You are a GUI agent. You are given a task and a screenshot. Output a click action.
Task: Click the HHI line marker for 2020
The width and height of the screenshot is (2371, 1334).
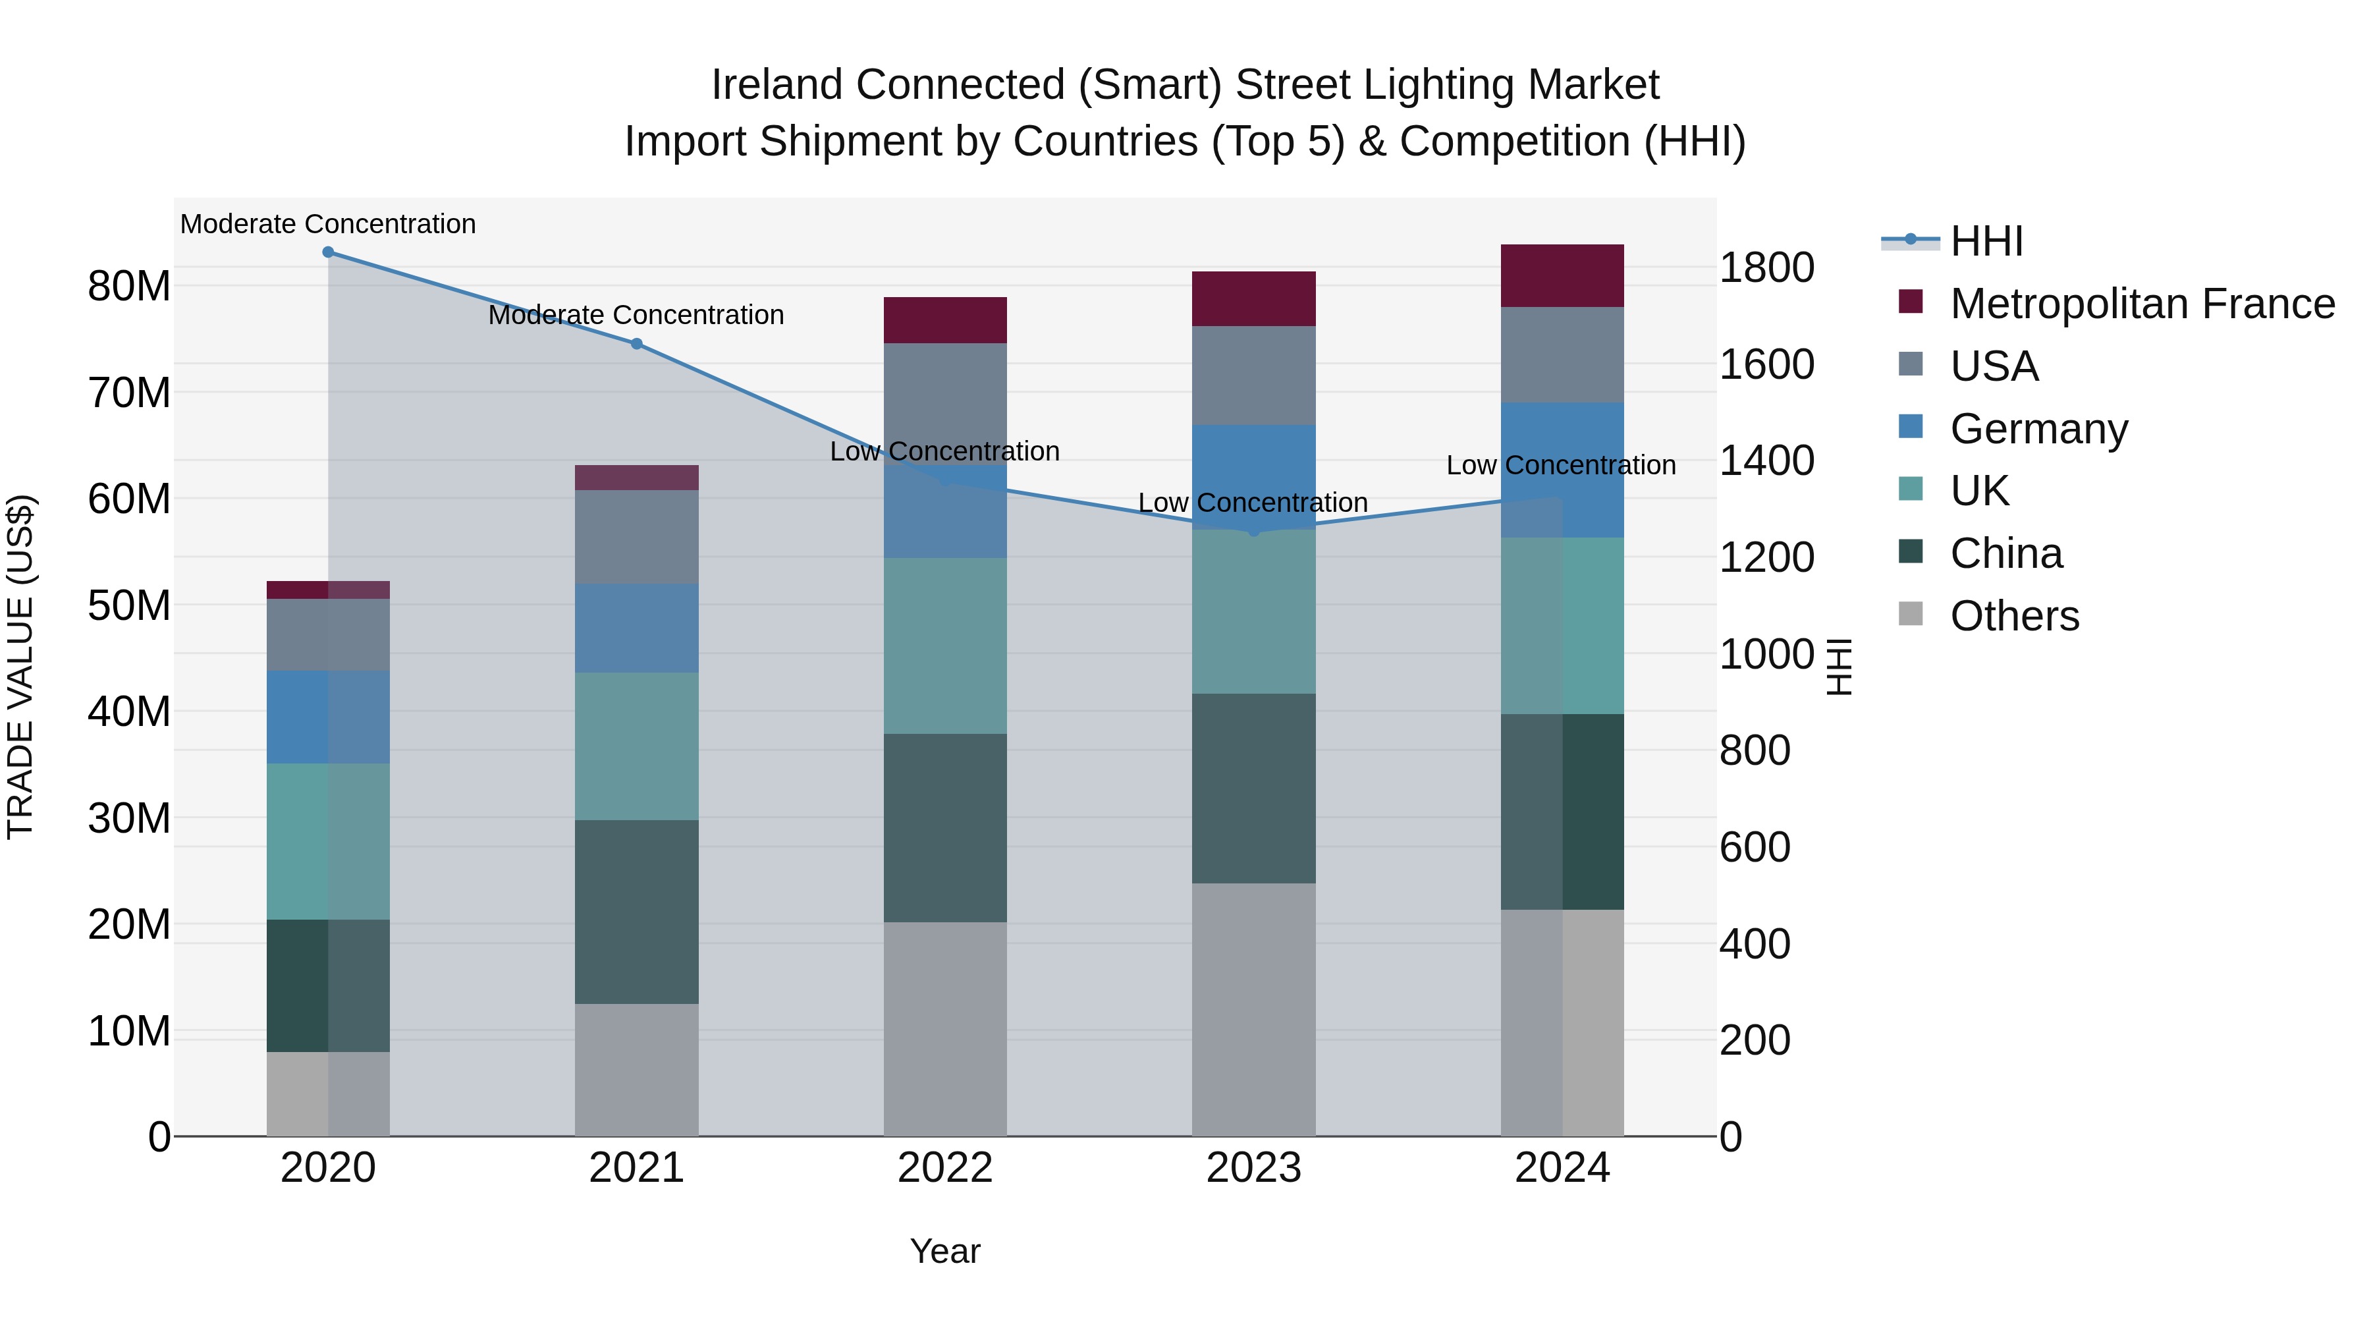point(328,252)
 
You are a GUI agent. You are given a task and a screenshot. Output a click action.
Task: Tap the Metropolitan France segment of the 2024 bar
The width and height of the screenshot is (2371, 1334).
point(1562,276)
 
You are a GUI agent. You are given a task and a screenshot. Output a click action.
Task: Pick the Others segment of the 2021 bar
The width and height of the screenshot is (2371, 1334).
point(636,1070)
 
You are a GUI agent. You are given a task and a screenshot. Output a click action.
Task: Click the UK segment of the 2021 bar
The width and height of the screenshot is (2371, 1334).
point(636,746)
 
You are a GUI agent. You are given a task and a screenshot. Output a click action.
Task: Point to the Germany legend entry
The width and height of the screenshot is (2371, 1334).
point(2038,429)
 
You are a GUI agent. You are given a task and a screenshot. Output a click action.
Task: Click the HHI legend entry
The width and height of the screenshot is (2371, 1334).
point(1986,241)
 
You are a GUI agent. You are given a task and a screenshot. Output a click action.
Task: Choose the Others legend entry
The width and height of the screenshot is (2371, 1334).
point(2014,616)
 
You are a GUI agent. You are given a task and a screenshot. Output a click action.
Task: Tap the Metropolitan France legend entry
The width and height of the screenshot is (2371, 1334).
point(2141,304)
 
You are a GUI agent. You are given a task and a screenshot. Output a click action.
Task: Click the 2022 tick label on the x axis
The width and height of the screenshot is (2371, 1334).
point(945,1168)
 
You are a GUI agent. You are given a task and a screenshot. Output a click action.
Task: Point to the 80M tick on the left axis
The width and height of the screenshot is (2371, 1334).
point(129,287)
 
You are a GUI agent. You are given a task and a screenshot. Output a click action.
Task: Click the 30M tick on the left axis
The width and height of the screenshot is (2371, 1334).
point(129,818)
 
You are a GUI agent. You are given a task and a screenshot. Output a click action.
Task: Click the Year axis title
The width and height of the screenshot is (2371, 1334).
point(945,1251)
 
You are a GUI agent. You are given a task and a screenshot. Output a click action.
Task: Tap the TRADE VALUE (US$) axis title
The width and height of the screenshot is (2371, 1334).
point(21,667)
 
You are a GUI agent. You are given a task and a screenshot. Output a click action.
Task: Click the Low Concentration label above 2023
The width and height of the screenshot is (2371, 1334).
point(1253,503)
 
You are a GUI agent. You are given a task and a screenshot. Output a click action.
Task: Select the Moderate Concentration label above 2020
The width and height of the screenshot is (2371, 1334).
point(328,224)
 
